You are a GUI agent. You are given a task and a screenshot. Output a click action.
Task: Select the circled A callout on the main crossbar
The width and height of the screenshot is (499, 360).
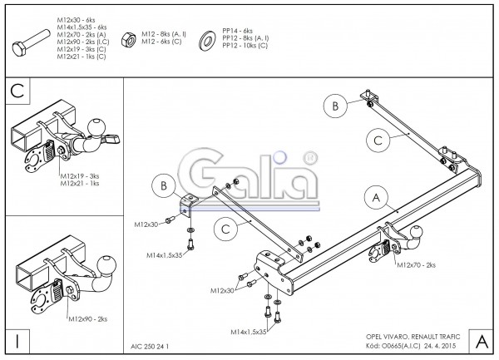pyautogui.click(x=375, y=197)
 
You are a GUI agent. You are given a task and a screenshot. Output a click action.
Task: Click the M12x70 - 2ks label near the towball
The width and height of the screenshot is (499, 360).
pyautogui.click(x=418, y=264)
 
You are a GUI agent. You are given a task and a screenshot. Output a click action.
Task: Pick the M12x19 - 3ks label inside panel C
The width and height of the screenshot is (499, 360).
pyautogui.click(x=80, y=176)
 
